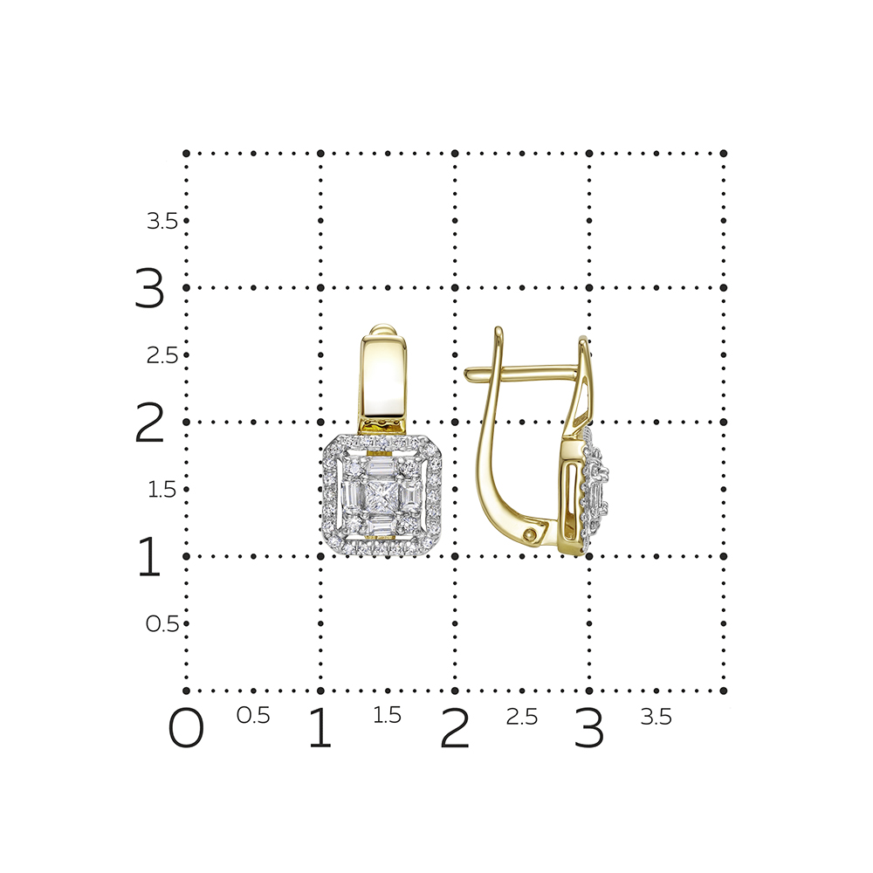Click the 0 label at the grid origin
(186, 728)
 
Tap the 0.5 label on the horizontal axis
(253, 716)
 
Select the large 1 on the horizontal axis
(320, 728)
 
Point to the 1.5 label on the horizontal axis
(387, 716)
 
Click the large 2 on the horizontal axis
(454, 728)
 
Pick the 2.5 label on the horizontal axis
(522, 717)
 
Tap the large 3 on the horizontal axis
(588, 728)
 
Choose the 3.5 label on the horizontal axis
(656, 717)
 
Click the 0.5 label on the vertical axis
(162, 624)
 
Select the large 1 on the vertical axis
(149, 556)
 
